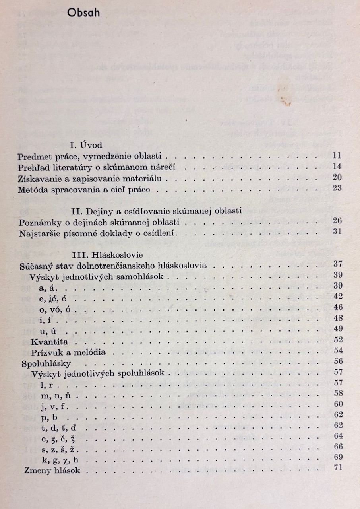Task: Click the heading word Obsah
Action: point(83,13)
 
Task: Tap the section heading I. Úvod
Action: point(86,145)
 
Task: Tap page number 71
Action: point(338,468)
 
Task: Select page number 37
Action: point(338,264)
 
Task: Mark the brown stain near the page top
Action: point(285,101)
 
